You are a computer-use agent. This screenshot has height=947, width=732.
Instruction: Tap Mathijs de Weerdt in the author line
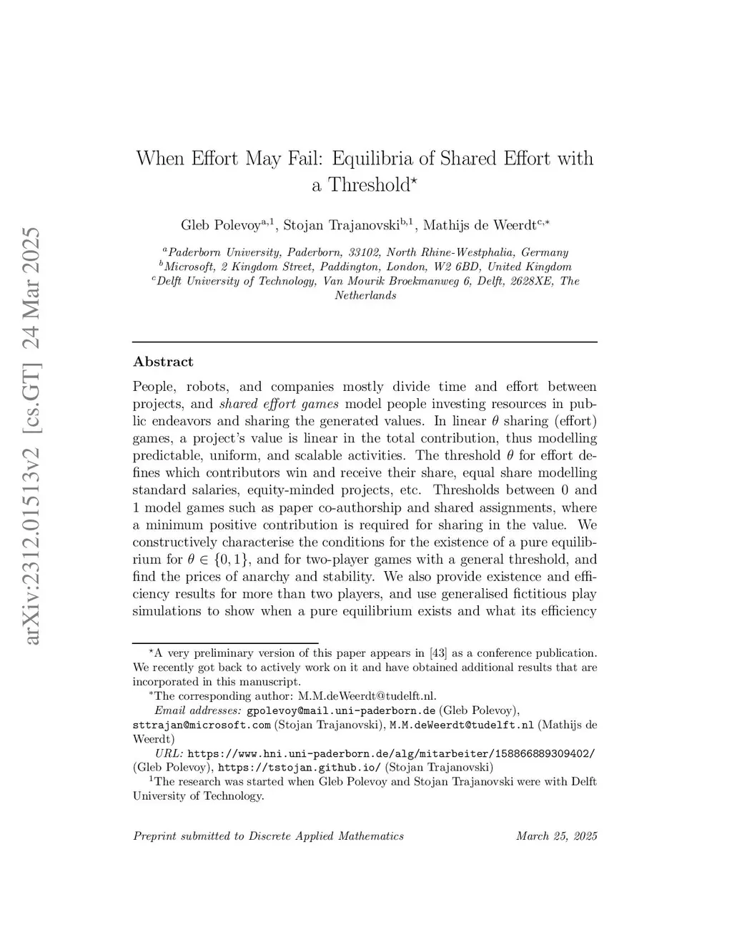(479, 225)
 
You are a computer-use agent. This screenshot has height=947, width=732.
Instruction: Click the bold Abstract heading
(163, 362)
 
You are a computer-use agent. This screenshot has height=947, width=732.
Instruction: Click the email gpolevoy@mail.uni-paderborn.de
(341, 710)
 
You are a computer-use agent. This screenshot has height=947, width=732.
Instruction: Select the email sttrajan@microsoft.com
(202, 725)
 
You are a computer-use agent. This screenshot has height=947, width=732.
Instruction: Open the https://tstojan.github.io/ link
(300, 768)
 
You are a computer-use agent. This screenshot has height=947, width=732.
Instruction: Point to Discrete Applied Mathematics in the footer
(326, 836)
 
